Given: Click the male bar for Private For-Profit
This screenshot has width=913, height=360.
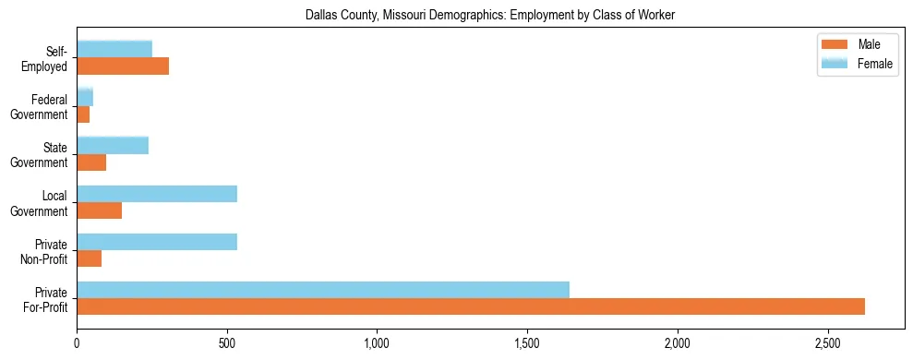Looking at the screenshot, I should click(x=471, y=306).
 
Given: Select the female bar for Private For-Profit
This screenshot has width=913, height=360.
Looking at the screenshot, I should click(x=323, y=290).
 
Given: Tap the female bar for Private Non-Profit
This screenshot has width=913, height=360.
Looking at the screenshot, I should click(x=157, y=242).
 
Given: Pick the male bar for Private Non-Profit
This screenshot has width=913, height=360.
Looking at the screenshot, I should click(x=90, y=258).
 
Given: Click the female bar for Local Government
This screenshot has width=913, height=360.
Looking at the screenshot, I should click(x=157, y=194).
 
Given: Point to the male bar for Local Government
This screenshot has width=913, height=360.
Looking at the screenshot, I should click(x=100, y=210).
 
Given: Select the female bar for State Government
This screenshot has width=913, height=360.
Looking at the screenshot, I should click(x=113, y=145).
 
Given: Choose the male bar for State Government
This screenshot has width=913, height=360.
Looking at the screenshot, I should click(x=91, y=162).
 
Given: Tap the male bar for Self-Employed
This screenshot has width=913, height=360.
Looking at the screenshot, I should click(x=123, y=66).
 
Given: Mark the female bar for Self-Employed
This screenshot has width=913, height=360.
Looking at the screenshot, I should click(x=114, y=49).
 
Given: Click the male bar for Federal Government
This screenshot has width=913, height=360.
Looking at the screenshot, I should click(x=83, y=114).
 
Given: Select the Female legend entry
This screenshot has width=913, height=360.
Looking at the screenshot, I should click(x=859, y=64).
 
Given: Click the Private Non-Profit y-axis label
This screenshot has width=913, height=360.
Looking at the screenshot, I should click(x=46, y=251).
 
